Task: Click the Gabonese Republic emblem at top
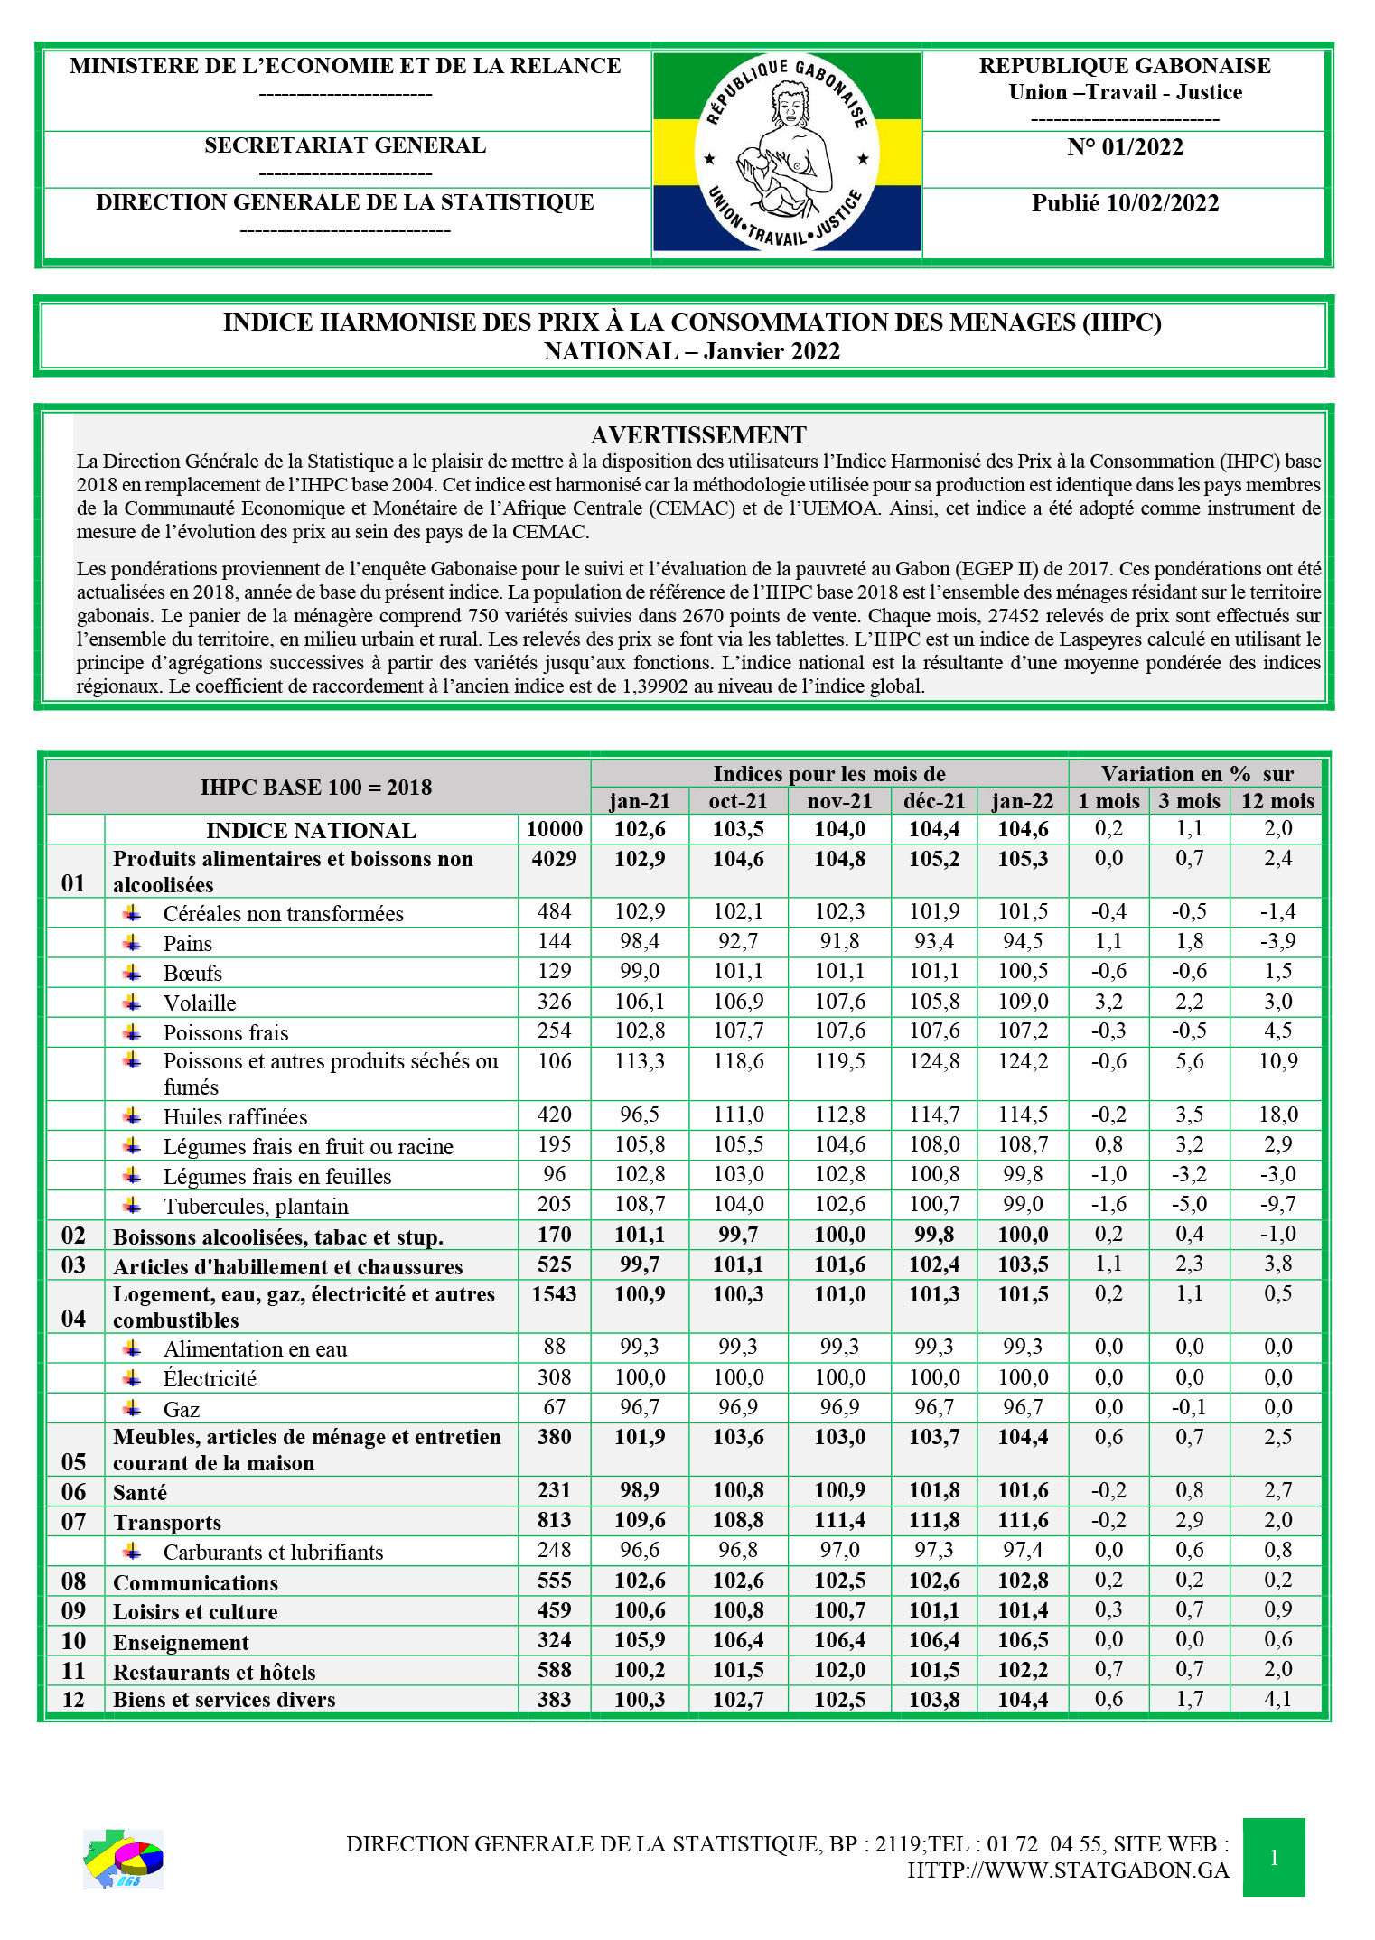click(786, 152)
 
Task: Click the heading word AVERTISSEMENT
click(698, 435)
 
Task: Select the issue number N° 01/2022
click(1125, 148)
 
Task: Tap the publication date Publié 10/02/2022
click(1125, 203)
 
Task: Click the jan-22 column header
click(1022, 801)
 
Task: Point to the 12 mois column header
click(1277, 801)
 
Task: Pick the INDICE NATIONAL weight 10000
click(554, 829)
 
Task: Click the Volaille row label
click(200, 1003)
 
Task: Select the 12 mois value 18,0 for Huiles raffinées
click(1277, 1115)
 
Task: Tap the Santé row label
click(140, 1492)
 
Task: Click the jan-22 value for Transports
click(1022, 1521)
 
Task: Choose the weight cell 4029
click(554, 859)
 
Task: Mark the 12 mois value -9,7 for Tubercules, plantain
click(1277, 1205)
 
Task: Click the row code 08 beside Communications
click(74, 1581)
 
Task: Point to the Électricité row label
click(210, 1379)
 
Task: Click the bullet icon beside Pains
click(133, 943)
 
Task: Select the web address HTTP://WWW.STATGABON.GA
click(1068, 1870)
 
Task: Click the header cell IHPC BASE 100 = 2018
click(316, 788)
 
